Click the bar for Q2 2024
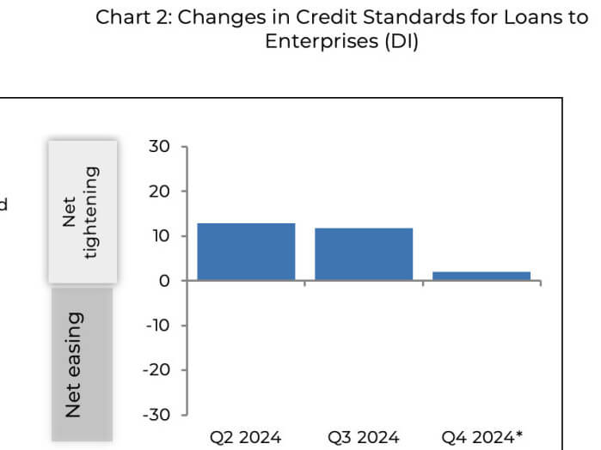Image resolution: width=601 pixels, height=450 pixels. click(x=246, y=252)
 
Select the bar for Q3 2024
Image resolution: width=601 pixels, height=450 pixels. click(x=364, y=254)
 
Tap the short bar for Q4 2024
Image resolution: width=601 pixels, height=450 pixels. click(x=481, y=276)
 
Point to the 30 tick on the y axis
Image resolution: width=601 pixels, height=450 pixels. click(x=159, y=147)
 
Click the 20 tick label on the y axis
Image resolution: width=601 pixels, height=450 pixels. click(x=159, y=192)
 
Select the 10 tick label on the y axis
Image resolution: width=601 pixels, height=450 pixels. click(x=160, y=236)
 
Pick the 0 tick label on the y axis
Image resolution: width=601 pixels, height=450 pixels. click(x=164, y=281)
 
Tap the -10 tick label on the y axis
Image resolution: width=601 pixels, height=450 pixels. click(x=156, y=325)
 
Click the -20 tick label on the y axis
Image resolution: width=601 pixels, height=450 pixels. click(x=156, y=370)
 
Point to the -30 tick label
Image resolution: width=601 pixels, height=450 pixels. click(x=156, y=415)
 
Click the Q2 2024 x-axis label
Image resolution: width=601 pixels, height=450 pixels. click(x=246, y=437)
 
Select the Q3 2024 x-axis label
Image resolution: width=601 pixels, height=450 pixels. click(x=364, y=437)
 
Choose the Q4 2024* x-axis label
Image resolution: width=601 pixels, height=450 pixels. click(x=481, y=437)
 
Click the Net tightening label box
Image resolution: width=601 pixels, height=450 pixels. click(x=83, y=211)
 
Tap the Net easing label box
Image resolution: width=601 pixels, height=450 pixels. click(x=83, y=364)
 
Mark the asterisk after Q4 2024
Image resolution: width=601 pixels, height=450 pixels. click(x=518, y=435)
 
